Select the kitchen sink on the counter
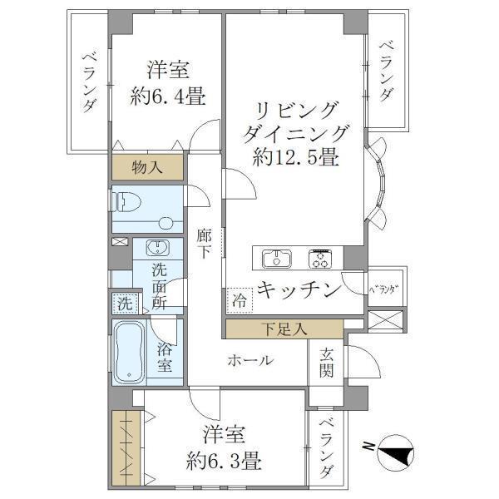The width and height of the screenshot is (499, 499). click(275, 259)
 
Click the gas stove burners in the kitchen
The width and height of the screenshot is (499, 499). click(321, 259)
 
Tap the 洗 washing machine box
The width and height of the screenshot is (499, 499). click(123, 304)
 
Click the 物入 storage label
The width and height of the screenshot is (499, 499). click(149, 167)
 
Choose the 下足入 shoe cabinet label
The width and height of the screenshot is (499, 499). click(283, 329)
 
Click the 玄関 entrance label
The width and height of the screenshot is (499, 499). click(325, 363)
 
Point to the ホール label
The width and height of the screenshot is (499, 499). click(249, 361)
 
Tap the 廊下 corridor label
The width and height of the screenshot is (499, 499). click(205, 244)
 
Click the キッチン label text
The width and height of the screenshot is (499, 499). click(299, 290)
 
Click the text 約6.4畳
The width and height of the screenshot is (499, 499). click(166, 96)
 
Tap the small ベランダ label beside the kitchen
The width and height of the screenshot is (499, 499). click(383, 289)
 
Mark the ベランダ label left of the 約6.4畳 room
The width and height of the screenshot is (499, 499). click(89, 82)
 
